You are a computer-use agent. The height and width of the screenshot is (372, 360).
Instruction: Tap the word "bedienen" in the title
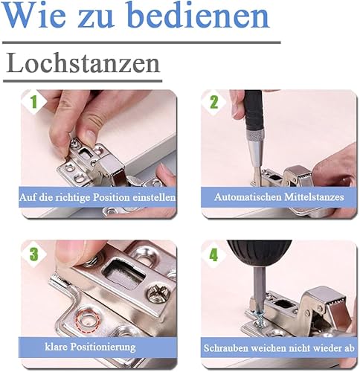tap(199, 15)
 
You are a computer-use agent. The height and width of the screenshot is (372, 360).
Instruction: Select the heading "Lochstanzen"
tap(83, 62)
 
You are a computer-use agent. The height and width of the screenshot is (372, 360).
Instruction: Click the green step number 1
tap(33, 102)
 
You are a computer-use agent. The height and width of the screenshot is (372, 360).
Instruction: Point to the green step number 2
tap(214, 102)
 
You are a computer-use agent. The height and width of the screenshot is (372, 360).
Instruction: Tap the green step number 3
tap(34, 254)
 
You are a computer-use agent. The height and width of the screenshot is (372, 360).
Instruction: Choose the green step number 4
tap(214, 254)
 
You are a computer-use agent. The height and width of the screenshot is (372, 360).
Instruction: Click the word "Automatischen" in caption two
tap(248, 197)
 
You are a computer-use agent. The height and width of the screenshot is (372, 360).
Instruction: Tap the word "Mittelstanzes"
tap(314, 197)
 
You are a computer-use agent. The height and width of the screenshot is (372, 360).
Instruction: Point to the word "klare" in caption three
tap(57, 347)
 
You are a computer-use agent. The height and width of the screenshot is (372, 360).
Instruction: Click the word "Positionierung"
tap(103, 347)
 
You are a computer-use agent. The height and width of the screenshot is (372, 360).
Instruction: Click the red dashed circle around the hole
tap(89, 320)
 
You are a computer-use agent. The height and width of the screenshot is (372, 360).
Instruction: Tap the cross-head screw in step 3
tap(158, 295)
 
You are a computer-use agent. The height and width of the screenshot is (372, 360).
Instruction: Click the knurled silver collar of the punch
tap(254, 136)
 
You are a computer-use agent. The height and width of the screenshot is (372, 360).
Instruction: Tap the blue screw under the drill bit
tap(260, 318)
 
